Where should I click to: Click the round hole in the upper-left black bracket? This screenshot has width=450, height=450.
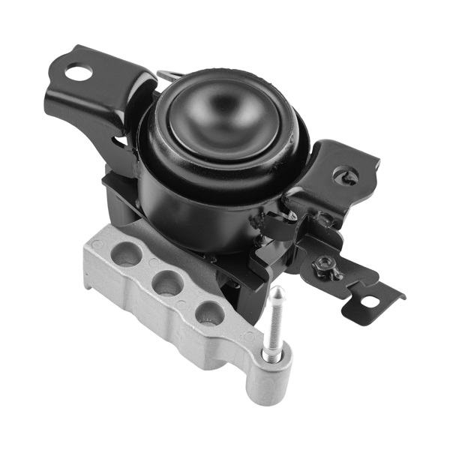[x=77, y=72]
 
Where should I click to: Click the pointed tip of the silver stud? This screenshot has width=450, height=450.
[x=277, y=289]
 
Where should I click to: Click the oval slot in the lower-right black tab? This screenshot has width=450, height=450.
[x=368, y=303]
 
